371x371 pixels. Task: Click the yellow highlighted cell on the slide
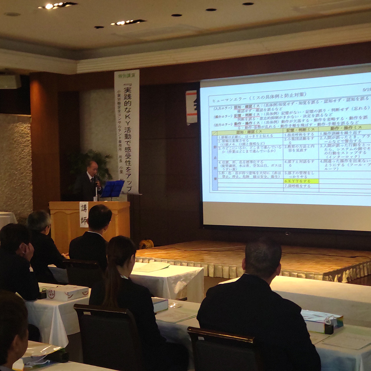tap(301, 181)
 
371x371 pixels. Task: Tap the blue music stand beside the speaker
tap(113, 189)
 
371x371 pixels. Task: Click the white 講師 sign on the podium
tap(84, 214)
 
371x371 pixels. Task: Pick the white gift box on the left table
tap(67, 292)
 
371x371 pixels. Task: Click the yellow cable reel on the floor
tap(146, 244)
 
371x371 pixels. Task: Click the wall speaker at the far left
tap(10, 81)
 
